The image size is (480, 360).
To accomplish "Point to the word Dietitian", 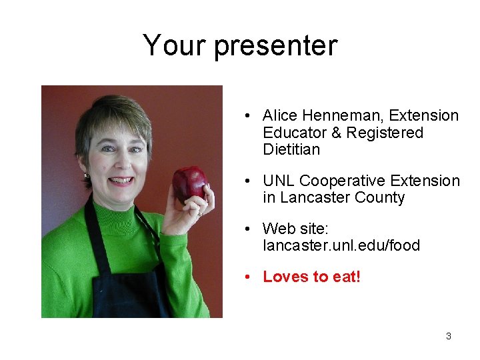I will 291,150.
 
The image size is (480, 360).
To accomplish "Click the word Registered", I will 384,133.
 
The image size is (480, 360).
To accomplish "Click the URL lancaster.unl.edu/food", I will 341,246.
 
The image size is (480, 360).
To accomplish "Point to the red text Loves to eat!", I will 311,277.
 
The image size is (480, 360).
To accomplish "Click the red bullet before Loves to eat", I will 247,277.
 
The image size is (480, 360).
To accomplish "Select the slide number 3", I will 448,336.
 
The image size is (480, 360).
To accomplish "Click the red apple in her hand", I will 189,183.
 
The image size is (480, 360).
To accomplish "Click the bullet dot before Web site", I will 247,229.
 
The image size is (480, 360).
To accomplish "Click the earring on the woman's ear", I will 86,175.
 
